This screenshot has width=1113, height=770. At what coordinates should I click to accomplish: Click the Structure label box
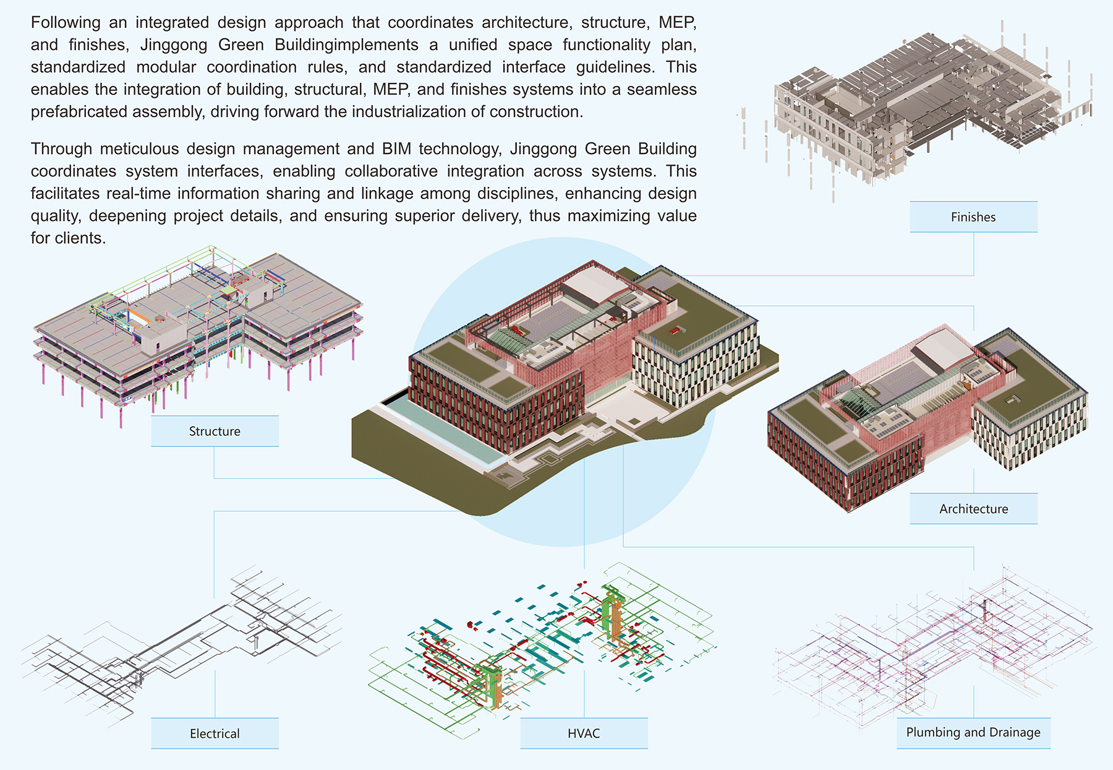215,431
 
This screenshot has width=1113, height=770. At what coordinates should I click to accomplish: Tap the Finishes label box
973,217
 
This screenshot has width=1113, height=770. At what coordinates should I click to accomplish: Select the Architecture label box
973,509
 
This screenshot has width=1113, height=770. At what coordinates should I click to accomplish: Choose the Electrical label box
215,733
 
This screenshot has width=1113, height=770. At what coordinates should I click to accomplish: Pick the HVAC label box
584,733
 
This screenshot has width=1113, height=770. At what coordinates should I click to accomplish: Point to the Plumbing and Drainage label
973,732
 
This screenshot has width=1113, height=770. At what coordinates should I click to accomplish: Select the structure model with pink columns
198,328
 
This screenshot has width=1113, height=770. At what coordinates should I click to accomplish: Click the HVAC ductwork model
544,650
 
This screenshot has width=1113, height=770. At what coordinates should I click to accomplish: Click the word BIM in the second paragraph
397,149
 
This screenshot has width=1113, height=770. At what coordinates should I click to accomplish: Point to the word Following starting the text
66,23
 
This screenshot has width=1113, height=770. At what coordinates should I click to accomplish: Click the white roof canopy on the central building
591,286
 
